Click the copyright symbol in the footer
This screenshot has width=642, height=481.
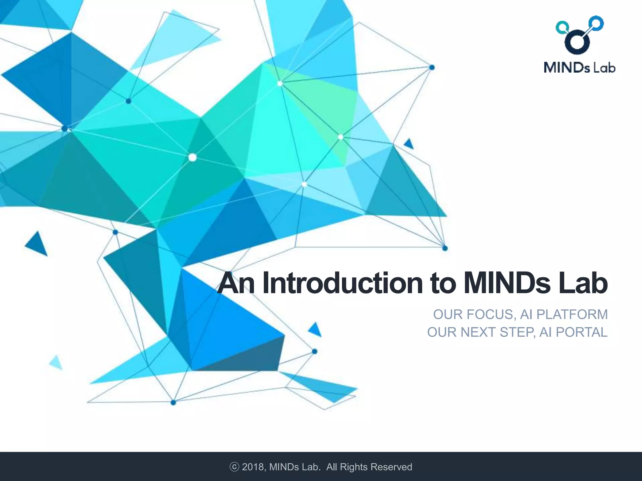[x=234, y=467]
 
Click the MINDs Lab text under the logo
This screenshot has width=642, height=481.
[x=579, y=68]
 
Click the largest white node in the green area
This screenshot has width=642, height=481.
[x=192, y=157]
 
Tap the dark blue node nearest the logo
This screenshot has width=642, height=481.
[x=432, y=67]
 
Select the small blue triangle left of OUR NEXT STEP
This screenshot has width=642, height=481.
[x=315, y=329]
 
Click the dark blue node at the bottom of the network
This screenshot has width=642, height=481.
[x=173, y=402]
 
